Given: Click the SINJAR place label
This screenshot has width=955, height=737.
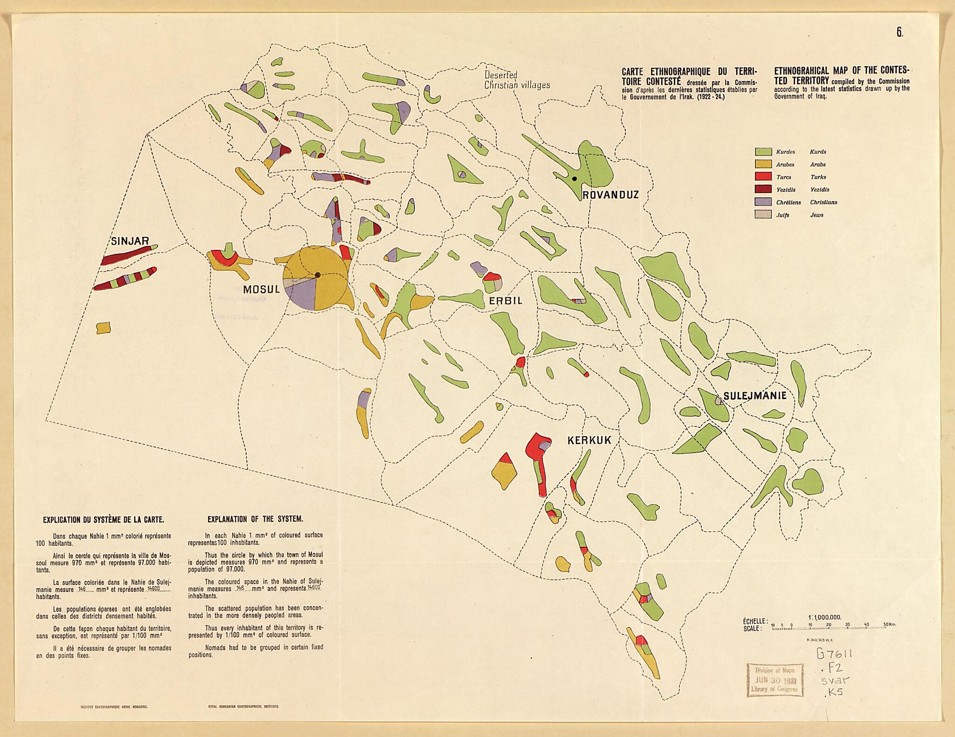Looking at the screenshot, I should pos(130,241).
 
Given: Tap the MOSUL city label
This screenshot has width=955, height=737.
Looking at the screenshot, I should pos(261,289).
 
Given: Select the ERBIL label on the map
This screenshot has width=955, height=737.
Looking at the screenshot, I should pos(505,301).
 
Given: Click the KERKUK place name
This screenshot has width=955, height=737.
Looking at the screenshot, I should pos(589,440).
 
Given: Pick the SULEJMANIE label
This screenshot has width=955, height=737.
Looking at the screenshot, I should pos(754,396).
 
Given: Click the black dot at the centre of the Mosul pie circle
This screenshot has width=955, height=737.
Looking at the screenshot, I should pos(317,275).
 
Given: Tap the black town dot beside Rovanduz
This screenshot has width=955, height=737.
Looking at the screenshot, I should pos(574,179).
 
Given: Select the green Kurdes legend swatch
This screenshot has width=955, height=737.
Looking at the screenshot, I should pos(763,152).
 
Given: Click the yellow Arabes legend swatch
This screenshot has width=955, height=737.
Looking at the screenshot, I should pos(763,165).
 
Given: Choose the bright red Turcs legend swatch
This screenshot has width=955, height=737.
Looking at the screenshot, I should pos(763,177).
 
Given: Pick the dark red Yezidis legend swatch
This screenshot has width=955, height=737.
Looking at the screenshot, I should pos(763,190).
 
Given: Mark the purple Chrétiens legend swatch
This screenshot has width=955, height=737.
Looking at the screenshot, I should pos(763,202).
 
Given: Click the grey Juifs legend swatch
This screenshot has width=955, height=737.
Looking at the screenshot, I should pos(763,215).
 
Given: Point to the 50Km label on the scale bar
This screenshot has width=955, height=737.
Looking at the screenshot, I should pos(889,625).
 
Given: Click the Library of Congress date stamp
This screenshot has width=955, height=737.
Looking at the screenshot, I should pos(775,679).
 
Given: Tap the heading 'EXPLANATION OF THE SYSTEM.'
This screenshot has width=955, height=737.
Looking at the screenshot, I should pos(255,519).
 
